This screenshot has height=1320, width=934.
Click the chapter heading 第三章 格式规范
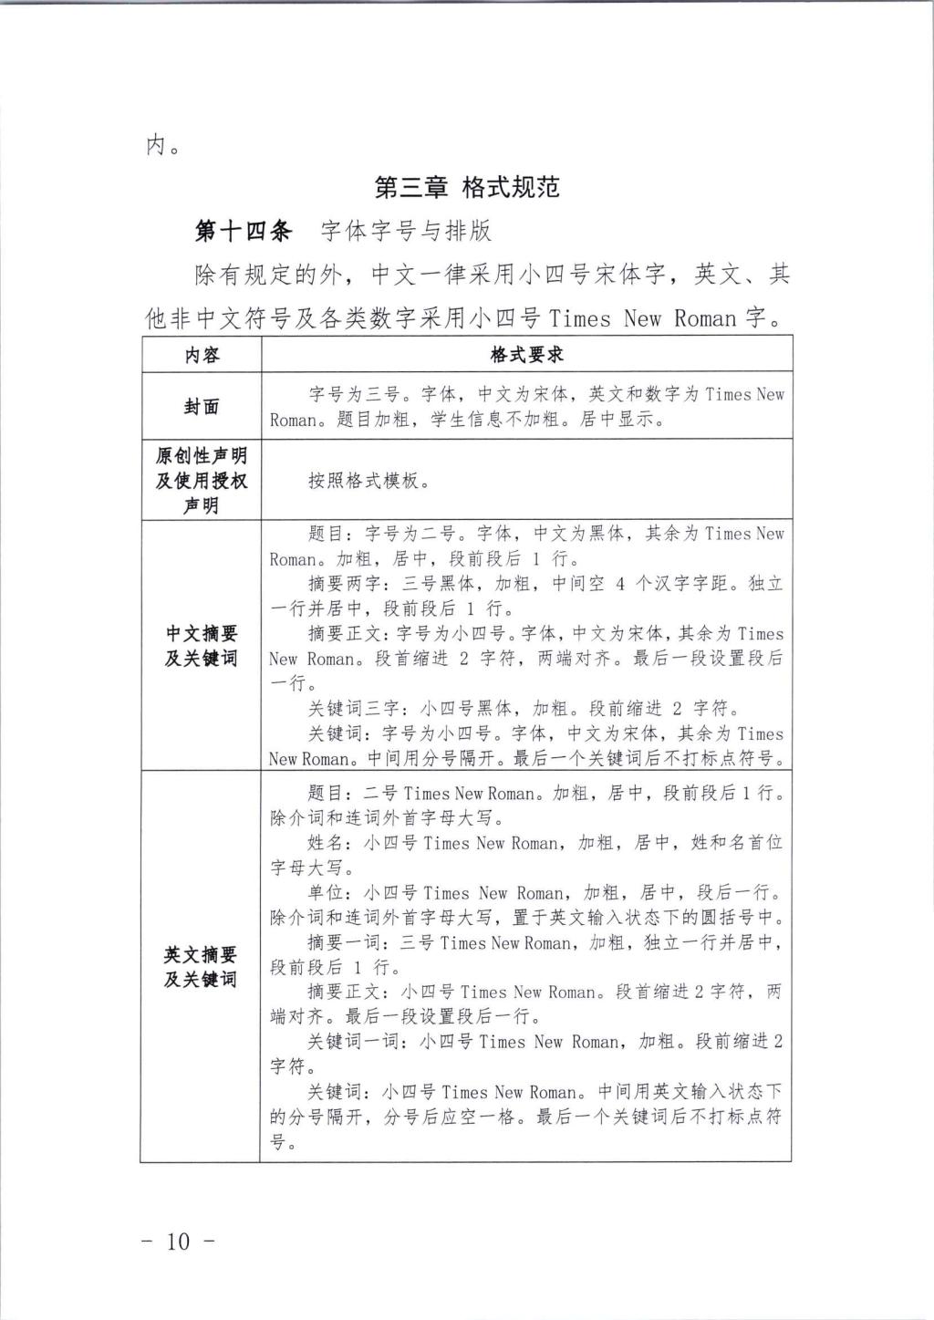point(466,188)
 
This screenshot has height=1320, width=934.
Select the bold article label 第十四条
point(244,231)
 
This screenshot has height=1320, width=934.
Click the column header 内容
point(202,354)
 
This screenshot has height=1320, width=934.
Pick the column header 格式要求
point(526,354)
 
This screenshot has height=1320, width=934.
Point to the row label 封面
point(202,407)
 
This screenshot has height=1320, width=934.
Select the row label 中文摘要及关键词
point(202,645)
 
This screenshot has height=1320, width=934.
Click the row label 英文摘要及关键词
point(202,967)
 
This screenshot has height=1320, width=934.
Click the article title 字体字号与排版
point(406,231)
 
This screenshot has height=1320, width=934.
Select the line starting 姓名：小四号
point(545,843)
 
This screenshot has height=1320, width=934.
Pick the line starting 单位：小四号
point(545,893)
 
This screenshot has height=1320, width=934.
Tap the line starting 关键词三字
point(524,709)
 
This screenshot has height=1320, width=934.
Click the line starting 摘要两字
point(545,584)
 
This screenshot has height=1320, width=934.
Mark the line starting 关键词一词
point(545,1042)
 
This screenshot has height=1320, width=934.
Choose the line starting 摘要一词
point(545,943)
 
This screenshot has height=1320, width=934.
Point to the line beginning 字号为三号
point(545,395)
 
